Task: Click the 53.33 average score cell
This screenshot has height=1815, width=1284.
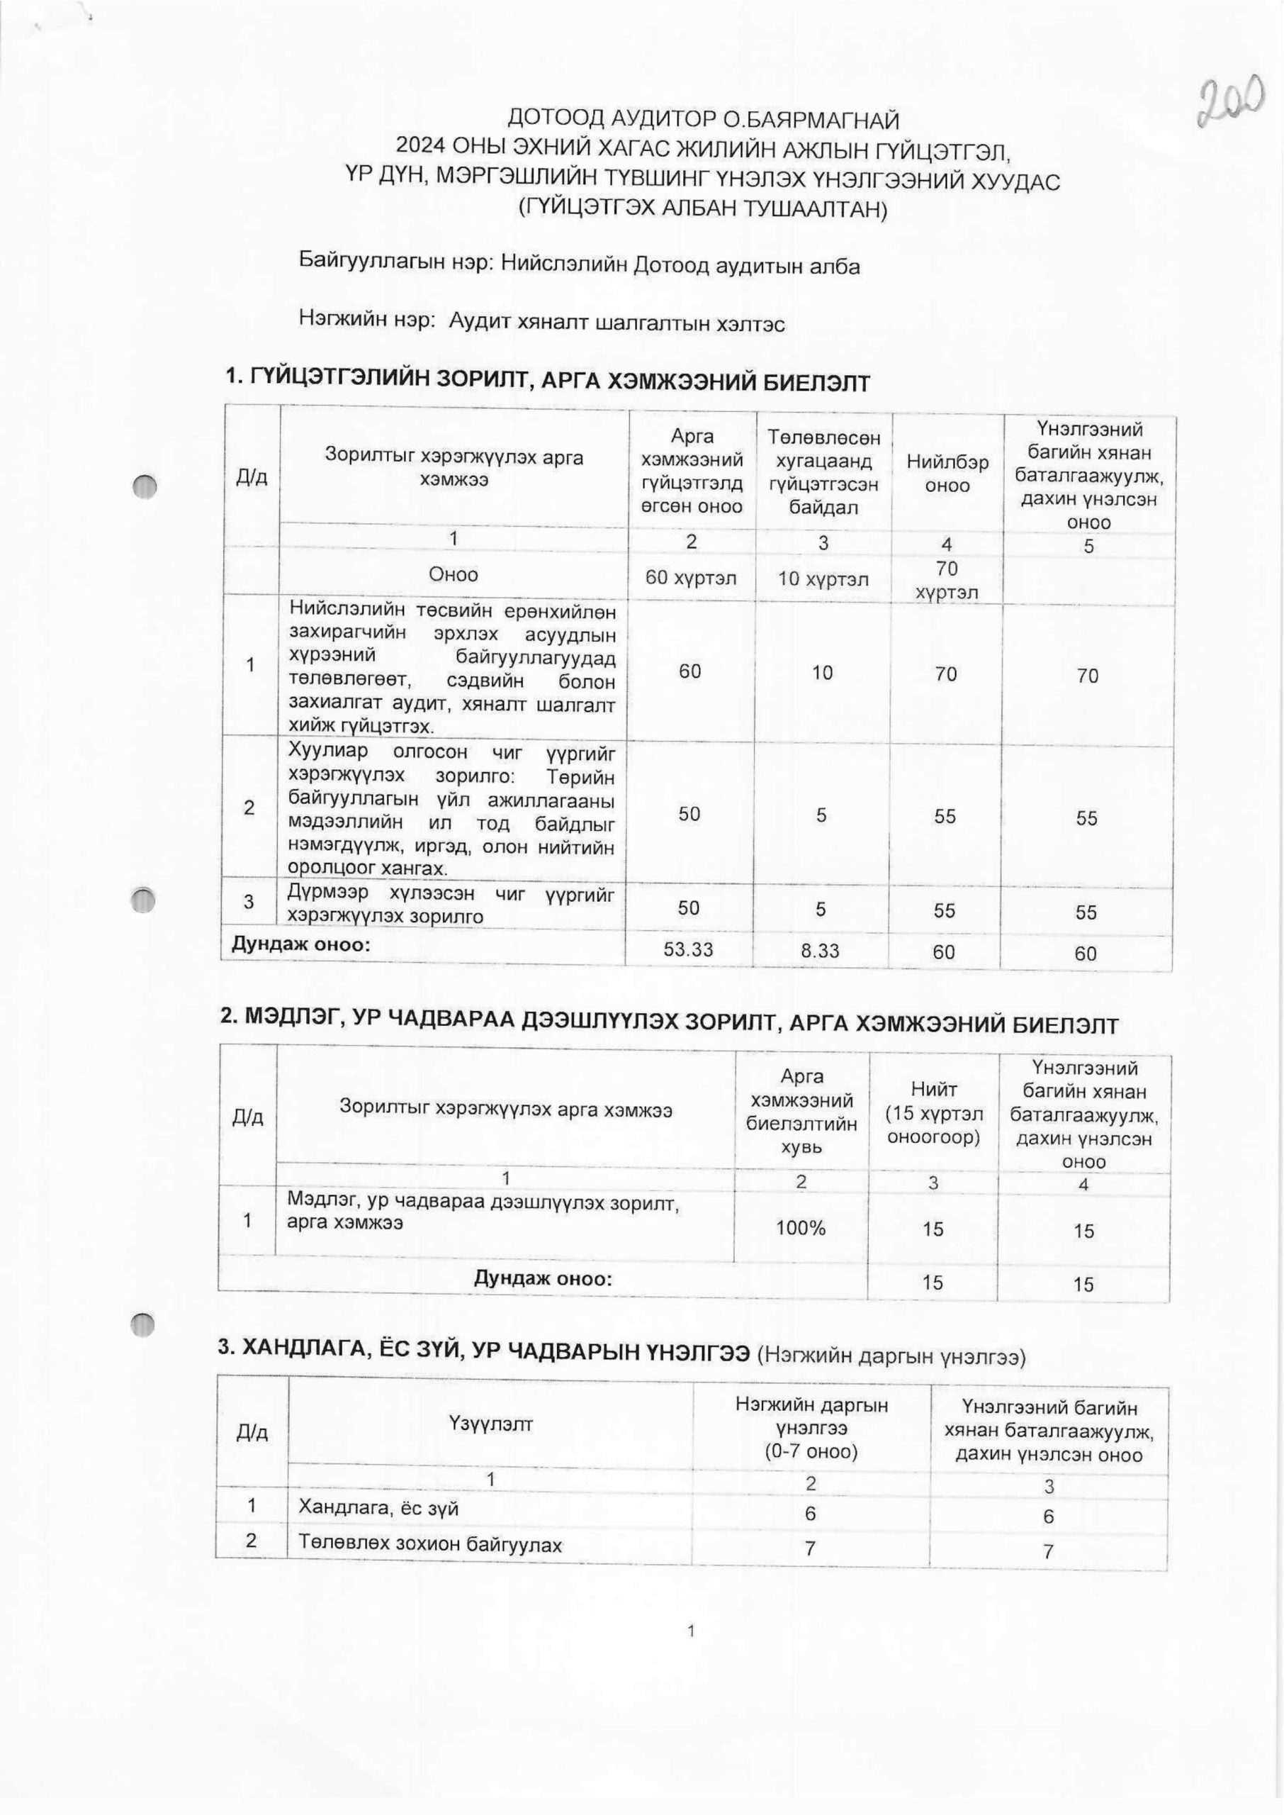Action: click(689, 950)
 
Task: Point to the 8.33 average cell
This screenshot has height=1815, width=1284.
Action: click(820, 951)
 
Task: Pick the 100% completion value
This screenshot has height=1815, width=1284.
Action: click(801, 1227)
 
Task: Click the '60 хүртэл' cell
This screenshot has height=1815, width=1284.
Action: click(691, 578)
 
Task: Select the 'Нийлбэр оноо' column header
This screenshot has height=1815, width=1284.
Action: click(947, 473)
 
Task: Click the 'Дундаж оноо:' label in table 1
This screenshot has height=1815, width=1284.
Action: click(300, 944)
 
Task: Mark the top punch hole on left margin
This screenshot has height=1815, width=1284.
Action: click(145, 486)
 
